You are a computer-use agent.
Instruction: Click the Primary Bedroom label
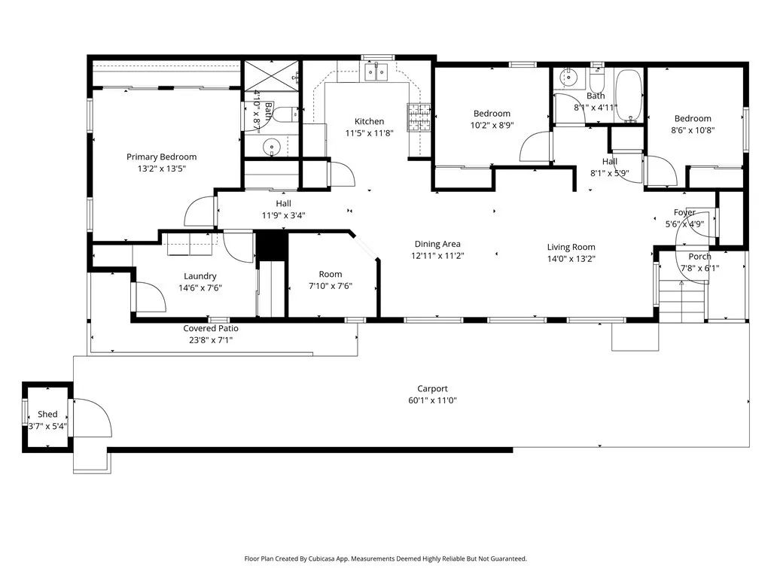161,157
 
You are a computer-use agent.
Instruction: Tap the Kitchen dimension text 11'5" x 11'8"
369,133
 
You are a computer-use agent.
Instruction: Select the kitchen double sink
374,72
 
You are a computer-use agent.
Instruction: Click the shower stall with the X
271,76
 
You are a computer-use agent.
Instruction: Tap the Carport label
433,388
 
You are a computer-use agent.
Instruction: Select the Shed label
47,414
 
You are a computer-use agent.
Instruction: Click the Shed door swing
92,418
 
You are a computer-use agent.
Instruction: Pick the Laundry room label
200,276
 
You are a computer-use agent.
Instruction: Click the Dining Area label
437,244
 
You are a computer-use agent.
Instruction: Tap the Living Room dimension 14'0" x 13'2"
571,259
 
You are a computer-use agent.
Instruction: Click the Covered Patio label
211,328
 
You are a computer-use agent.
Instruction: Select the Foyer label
684,212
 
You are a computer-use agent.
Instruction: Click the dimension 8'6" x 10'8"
693,129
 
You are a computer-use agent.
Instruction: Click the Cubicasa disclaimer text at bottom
385,558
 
